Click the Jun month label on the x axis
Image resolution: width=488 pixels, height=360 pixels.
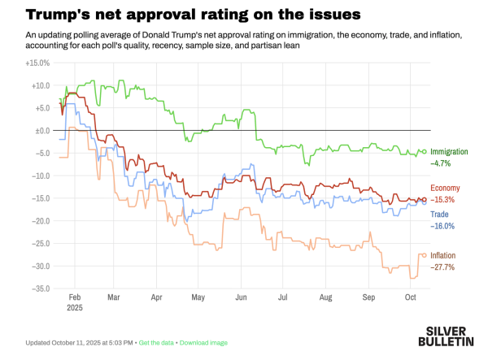click(240, 298)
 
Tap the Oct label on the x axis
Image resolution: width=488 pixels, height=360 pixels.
click(410, 298)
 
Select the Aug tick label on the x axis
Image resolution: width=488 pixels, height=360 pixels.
click(325, 298)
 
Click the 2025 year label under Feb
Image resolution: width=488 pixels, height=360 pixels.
click(73, 308)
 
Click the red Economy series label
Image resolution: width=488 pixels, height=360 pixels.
click(446, 188)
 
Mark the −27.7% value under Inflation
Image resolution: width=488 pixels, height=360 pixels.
click(443, 267)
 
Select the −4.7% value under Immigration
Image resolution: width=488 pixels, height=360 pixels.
click(442, 163)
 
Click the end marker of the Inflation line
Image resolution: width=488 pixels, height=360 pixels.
click(424, 255)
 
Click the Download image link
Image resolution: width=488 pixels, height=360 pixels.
click(203, 342)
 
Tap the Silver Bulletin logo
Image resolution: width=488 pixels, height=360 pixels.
click(450, 337)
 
